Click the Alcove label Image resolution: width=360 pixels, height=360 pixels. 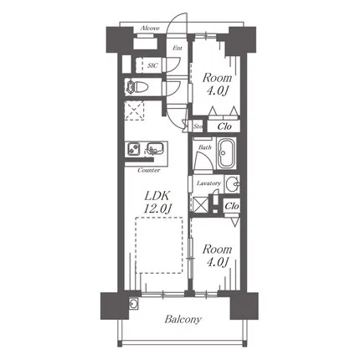click(150, 28)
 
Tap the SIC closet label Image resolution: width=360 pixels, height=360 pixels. click(152, 65)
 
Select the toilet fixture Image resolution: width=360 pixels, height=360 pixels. click(135, 87)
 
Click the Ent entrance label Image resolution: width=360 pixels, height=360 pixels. click(177, 48)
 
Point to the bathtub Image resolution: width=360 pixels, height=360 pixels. click(227, 153)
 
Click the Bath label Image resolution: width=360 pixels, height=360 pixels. click(205, 147)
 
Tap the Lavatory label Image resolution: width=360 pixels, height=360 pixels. click(208, 183)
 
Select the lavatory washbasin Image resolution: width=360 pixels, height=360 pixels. click(232, 184)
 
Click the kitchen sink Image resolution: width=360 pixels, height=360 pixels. click(154, 148)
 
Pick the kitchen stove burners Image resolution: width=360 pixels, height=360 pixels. click(134, 148)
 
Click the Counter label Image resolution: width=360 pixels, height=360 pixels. click(149, 170)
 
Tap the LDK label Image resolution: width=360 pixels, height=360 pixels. click(157, 196)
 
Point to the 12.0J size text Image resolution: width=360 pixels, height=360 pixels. click(157, 208)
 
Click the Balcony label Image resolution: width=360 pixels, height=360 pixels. click(183, 319)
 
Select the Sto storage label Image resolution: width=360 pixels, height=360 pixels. click(198, 126)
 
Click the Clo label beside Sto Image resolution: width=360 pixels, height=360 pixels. click(224, 126)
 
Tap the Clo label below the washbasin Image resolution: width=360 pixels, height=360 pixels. click(232, 206)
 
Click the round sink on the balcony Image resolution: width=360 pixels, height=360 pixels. click(133, 304)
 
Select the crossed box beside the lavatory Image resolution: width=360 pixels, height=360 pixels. click(200, 204)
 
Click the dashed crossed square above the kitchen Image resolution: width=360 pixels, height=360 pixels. click(134, 111)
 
